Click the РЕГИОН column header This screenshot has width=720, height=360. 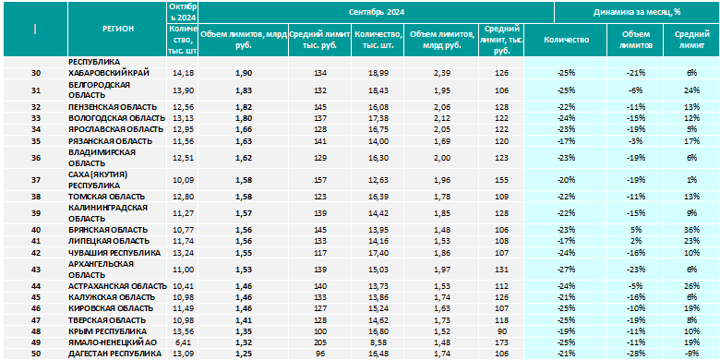pos(118,29)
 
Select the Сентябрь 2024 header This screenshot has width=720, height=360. pos(377,12)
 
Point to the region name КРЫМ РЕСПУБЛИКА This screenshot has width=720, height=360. pos(107,331)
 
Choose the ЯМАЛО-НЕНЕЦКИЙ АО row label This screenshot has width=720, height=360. pos(109,342)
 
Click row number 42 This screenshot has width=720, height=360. pos(35,253)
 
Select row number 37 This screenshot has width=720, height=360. pos(35,180)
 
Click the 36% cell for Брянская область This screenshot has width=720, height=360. pos(691,230)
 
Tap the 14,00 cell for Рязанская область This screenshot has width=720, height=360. pos(378,141)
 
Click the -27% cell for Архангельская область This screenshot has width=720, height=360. pos(566,270)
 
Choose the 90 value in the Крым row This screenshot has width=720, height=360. pos(501,331)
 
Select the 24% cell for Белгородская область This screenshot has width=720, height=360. pos(691,90)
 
